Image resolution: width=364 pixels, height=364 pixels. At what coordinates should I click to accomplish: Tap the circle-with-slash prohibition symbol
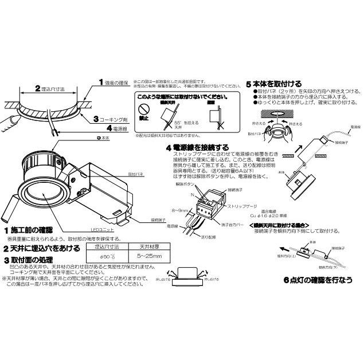[146, 107]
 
